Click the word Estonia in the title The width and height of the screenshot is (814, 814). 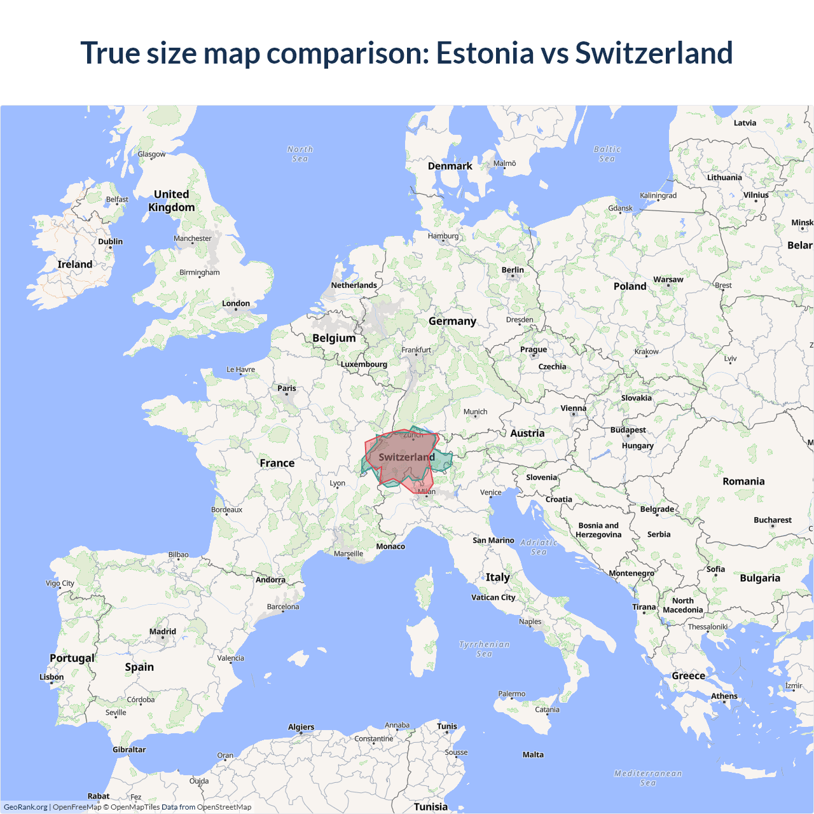pos(485,53)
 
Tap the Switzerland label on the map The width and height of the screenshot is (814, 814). pos(406,457)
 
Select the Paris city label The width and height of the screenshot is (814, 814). pos(287,388)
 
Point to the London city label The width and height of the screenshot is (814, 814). pos(236,303)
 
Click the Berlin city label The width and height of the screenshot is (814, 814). pos(513,270)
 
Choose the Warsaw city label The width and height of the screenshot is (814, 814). pos(668,279)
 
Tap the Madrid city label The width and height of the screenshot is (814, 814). pos(163,631)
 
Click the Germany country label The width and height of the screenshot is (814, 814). pos(452,321)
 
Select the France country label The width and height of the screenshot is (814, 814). pos(277,463)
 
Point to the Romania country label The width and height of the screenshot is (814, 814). pos(743,481)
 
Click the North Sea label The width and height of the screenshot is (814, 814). pos(300,154)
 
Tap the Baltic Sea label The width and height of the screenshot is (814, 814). pos(607,154)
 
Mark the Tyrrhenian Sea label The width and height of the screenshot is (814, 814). pos(485,649)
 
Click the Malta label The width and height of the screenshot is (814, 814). pos(533,755)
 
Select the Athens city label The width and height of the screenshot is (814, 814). pos(724,696)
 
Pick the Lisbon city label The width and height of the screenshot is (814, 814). pos(52,677)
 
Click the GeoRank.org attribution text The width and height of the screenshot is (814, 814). pos(25,807)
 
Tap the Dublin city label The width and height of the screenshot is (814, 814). pos(111,242)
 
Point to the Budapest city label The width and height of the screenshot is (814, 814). pos(628,430)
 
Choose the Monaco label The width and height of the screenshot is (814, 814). pos(390,546)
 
